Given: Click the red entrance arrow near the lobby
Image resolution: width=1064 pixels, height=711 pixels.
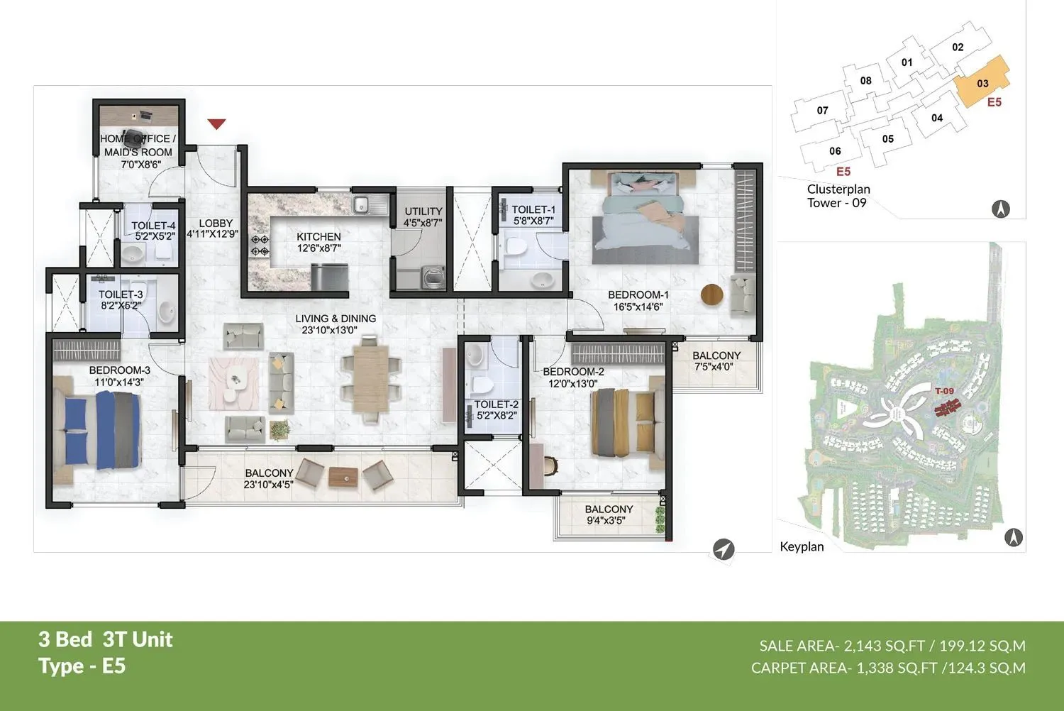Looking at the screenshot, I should coord(216,124).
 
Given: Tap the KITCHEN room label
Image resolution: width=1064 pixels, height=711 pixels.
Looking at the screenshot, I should coord(318,237).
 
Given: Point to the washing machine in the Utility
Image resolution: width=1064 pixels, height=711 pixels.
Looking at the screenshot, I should coord(433,277).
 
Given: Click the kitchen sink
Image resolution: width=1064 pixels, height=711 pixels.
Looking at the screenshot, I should coord(361,205).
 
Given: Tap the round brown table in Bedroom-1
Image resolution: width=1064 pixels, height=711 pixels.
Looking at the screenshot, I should coord(712,294).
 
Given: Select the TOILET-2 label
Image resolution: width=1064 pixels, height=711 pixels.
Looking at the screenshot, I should coord(496,404).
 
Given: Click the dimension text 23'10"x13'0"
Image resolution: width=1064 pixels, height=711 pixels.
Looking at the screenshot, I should coord(329,330).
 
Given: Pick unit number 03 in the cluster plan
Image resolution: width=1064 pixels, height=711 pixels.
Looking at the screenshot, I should coord(982,84).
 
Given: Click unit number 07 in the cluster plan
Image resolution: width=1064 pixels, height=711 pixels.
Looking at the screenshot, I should coord(822,111).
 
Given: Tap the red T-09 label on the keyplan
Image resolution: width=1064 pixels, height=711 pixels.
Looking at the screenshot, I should coord(944,391).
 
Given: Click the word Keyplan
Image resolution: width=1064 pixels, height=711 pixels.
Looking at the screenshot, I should coord(802,546).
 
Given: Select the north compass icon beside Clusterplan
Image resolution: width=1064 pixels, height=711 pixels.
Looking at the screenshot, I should coord(1000,209).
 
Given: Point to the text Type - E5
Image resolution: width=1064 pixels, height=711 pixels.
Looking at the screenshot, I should coord(82,666).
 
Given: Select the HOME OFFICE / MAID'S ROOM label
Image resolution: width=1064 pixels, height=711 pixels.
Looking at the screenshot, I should coord(138,145).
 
